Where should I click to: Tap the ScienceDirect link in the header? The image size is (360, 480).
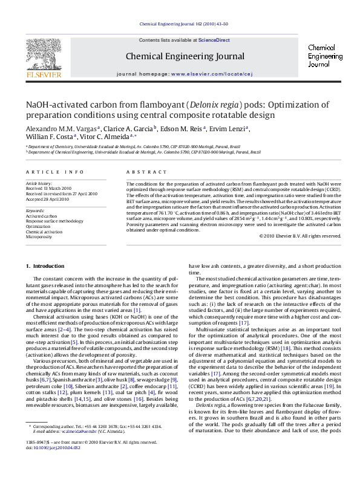pos(215,40)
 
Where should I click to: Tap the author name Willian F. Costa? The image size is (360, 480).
pos(49,138)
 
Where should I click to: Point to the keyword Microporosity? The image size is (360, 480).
pos(39,237)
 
